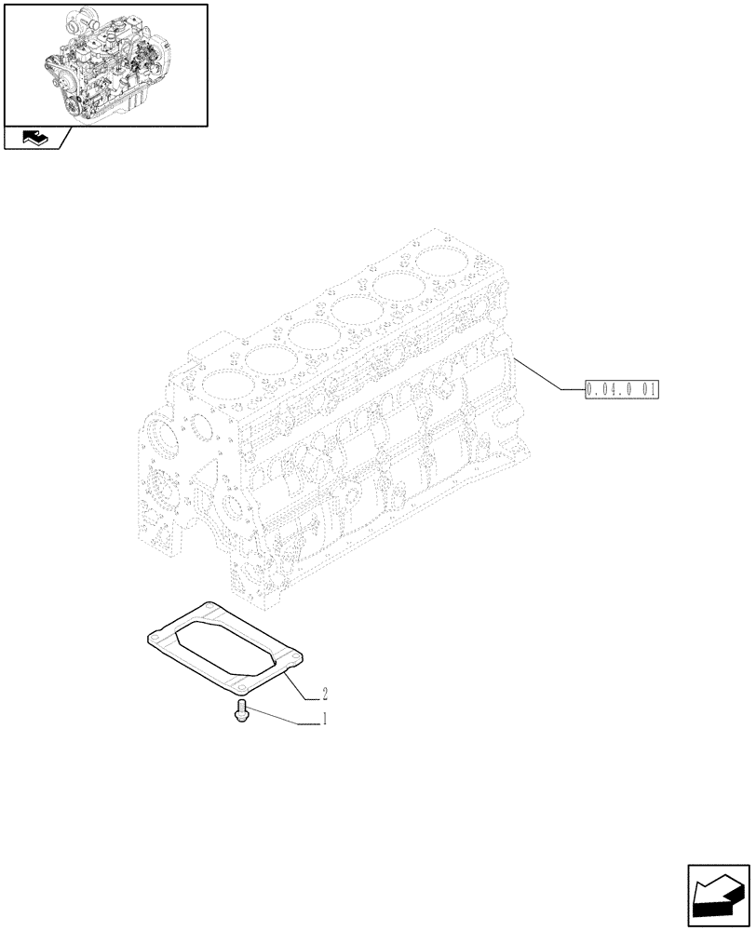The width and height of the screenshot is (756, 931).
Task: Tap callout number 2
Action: [324, 694]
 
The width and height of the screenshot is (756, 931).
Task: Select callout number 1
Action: [323, 720]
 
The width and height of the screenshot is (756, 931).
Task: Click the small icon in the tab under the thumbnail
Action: [33, 138]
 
